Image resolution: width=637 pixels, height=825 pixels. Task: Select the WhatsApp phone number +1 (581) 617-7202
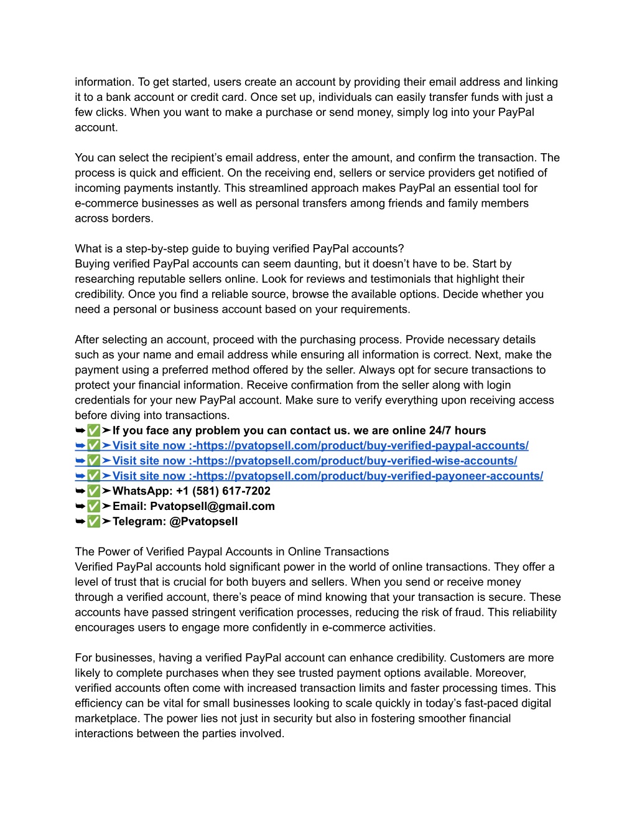223,491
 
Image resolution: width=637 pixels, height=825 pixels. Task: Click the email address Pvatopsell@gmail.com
212,506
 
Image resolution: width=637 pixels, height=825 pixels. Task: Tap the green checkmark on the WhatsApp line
93,491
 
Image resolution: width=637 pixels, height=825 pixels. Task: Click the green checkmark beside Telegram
93,521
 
